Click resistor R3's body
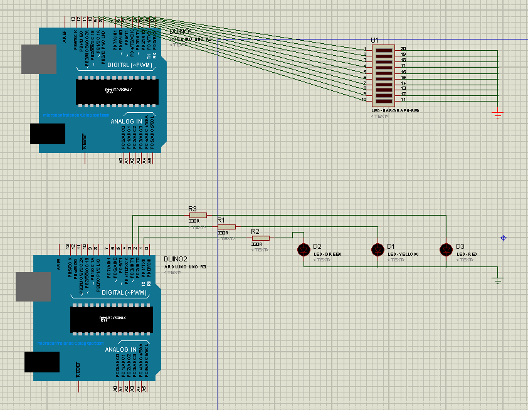(x=198, y=215)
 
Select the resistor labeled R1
(x=226, y=226)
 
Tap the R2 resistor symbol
(x=260, y=238)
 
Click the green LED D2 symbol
(x=304, y=250)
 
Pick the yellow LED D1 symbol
(x=378, y=250)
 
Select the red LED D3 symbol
(x=446, y=250)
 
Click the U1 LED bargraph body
(x=383, y=75)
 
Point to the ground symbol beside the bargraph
(x=498, y=116)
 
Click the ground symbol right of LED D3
(x=498, y=280)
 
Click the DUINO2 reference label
(x=175, y=259)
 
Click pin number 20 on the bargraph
(x=403, y=49)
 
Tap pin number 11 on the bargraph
(x=403, y=100)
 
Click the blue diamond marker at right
(x=504, y=238)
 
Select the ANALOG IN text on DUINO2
(x=121, y=349)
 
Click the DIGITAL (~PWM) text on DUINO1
(x=129, y=65)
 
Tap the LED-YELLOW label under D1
(x=403, y=254)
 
